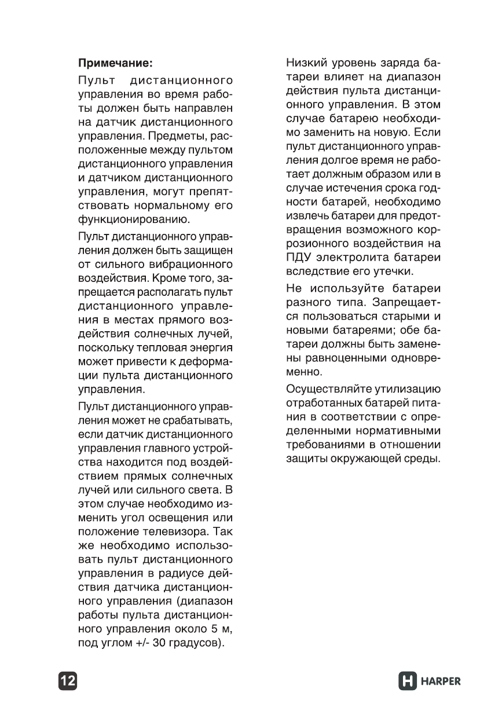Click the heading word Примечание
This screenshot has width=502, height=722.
click(116, 62)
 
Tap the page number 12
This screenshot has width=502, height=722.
click(67, 681)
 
